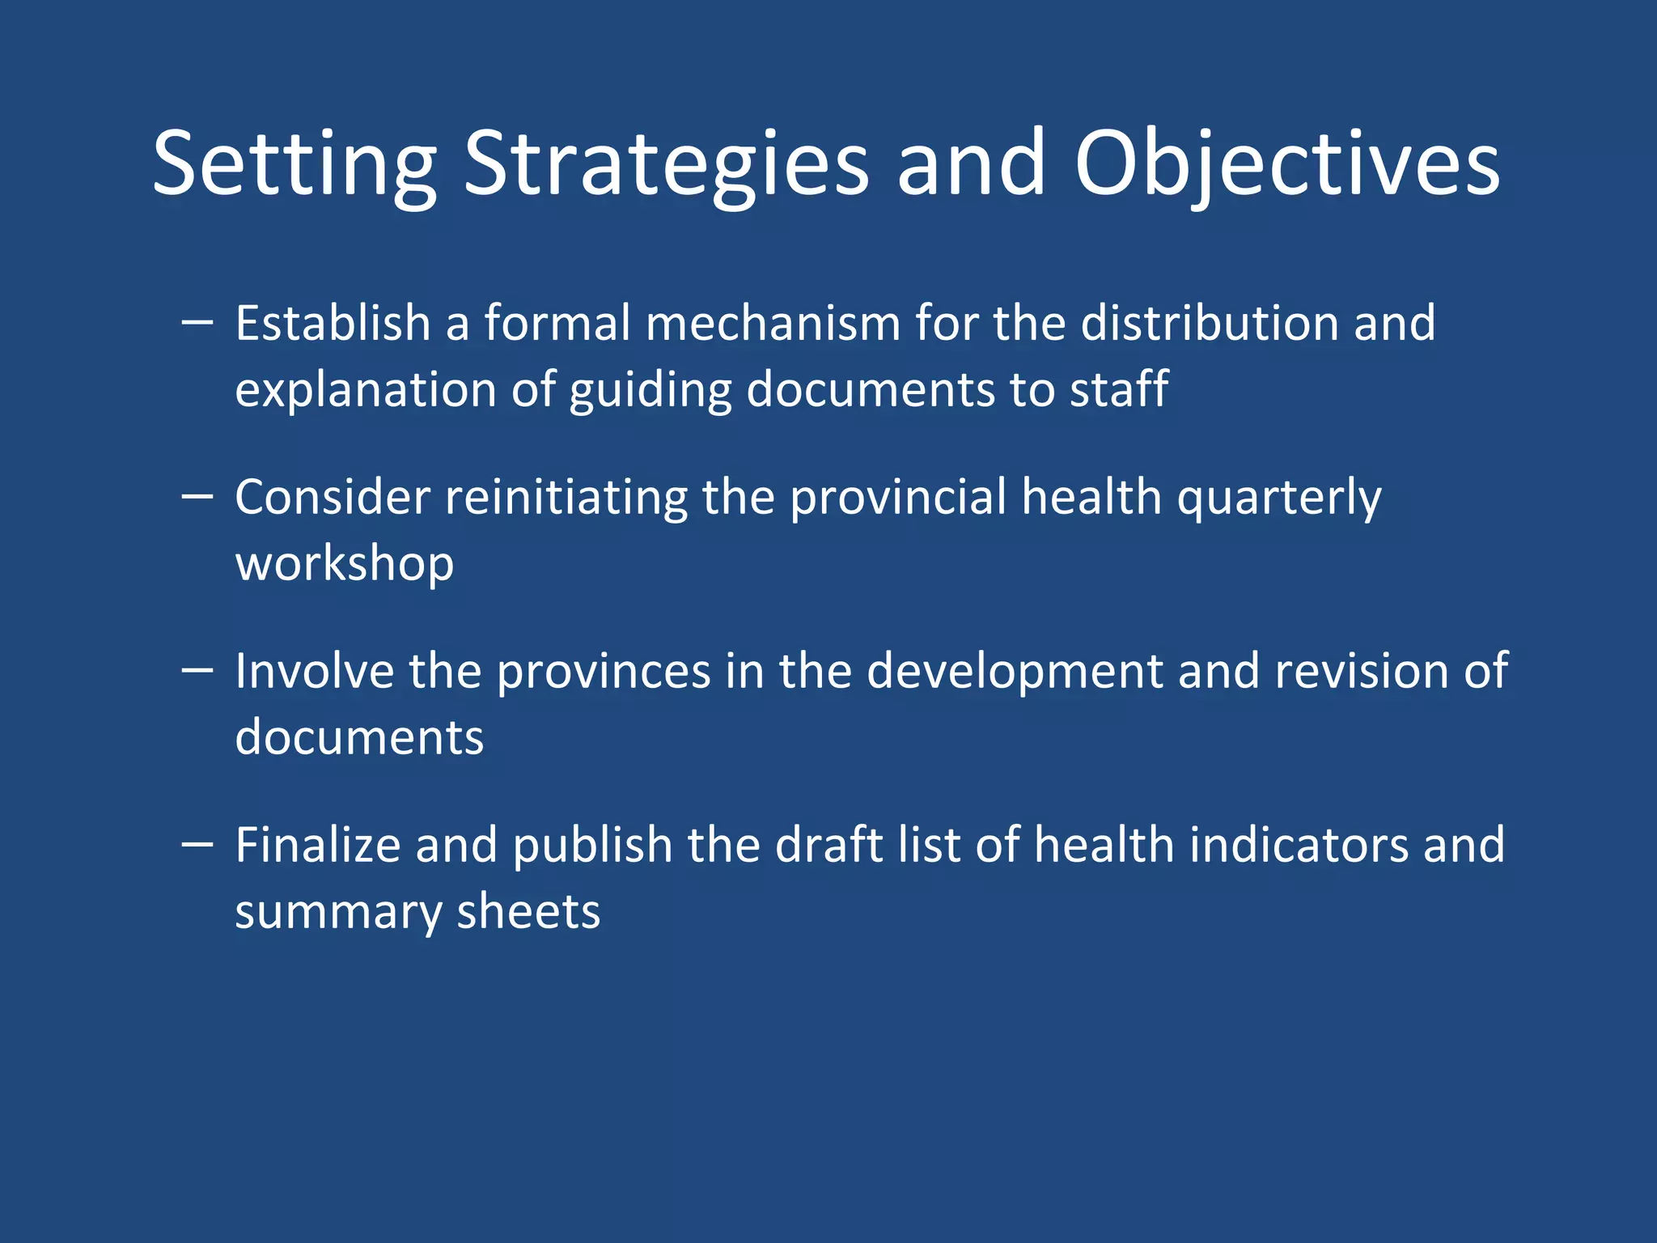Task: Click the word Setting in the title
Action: (295, 164)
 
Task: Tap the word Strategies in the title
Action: (666, 164)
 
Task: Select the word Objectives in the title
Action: (1286, 164)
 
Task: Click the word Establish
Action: (333, 323)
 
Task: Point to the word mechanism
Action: (773, 323)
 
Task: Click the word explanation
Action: (365, 389)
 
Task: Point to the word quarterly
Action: (1278, 497)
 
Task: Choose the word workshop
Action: (345, 563)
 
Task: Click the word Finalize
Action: (318, 845)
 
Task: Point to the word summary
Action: (337, 912)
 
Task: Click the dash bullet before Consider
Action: (197, 496)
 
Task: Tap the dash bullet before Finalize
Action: (197, 844)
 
